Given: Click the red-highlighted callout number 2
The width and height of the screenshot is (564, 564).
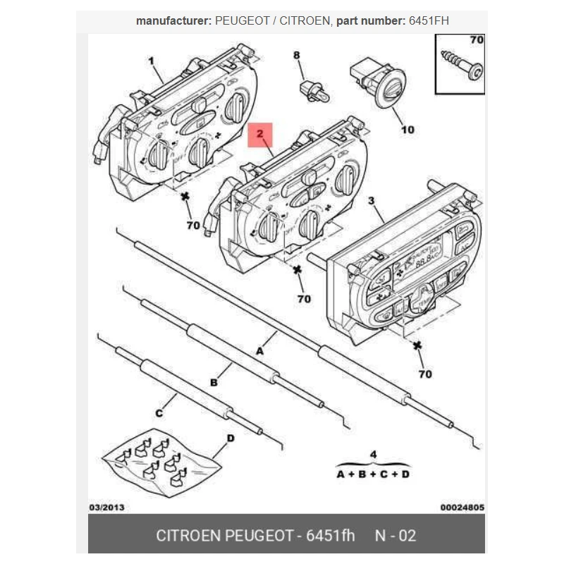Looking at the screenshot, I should coord(259,133).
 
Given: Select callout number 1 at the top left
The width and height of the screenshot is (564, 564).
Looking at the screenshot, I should coord(151,61).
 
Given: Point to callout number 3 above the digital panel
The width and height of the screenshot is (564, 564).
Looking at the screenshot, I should coord(372,202).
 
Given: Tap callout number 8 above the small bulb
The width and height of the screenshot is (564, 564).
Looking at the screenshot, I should coord(296,55).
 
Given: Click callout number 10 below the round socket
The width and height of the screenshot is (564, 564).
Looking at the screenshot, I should coord(407,129).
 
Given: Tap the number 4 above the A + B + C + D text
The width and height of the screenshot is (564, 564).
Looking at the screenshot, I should coord(374,453).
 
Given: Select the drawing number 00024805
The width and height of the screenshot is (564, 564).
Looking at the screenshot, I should coord(462,507).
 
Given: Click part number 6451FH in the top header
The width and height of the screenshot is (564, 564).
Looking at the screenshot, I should coord(429,21).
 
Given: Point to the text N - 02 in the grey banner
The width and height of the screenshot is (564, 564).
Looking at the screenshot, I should coord(396,535).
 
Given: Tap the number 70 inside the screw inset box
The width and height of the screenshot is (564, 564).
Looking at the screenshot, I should coord(477,40).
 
